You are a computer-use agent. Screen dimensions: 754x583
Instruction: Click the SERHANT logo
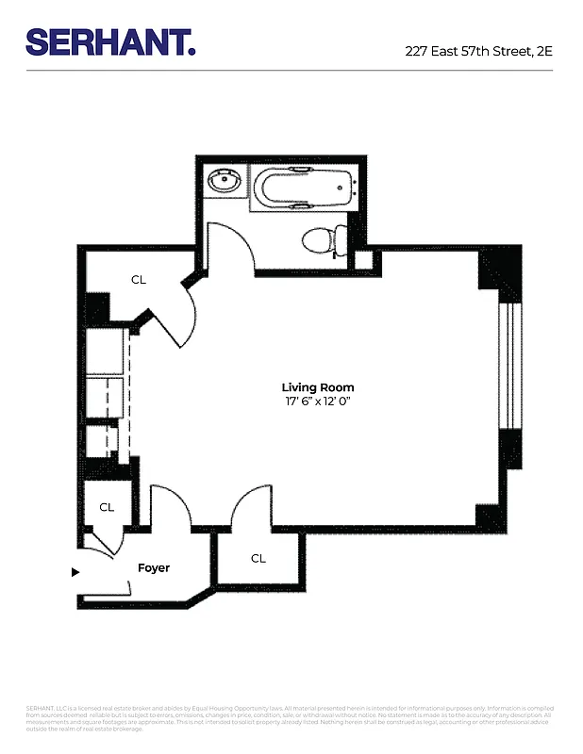pyautogui.click(x=110, y=41)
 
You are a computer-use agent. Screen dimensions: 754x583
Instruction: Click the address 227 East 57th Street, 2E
pyautogui.click(x=478, y=51)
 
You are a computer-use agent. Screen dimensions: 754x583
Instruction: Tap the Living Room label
pyautogui.click(x=318, y=387)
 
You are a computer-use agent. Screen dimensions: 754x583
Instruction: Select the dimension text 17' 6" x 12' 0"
pyautogui.click(x=318, y=402)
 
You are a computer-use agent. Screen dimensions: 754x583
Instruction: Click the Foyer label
pyautogui.click(x=154, y=568)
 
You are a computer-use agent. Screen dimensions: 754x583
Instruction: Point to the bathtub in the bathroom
pyautogui.click(x=302, y=186)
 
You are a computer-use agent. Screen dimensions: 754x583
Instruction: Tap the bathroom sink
pyautogui.click(x=224, y=181)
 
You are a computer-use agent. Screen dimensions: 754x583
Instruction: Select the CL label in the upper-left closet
pyautogui.click(x=139, y=279)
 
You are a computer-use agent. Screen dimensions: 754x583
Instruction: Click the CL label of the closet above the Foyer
pyautogui.click(x=107, y=507)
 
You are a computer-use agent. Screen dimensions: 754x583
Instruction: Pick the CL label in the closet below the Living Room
pyautogui.click(x=258, y=558)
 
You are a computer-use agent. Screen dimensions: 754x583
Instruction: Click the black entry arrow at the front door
pyautogui.click(x=76, y=571)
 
